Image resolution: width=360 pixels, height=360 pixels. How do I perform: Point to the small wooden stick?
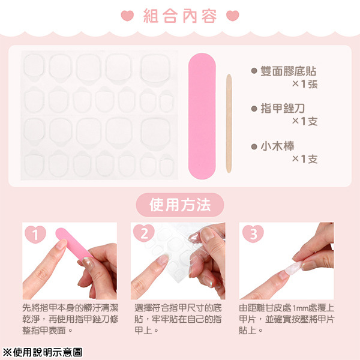(x=229, y=123)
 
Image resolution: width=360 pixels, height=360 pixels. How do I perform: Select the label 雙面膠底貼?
(x=289, y=71)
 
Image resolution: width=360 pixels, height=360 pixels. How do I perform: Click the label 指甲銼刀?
(x=283, y=108)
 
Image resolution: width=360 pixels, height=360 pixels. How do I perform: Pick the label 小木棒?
(x=277, y=146)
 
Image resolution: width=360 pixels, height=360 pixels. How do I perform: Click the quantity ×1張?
(x=304, y=84)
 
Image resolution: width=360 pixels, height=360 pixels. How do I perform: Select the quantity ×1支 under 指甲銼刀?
(x=304, y=121)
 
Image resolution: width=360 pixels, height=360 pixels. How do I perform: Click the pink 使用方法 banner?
(x=180, y=205)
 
